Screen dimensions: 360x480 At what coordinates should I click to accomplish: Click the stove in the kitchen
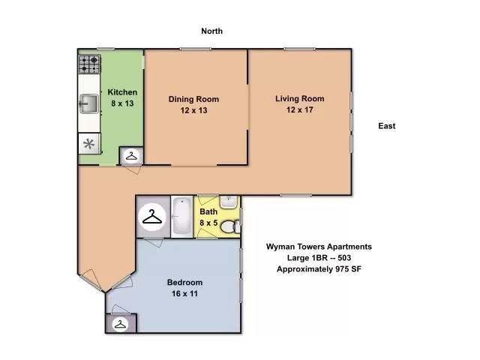[89, 64]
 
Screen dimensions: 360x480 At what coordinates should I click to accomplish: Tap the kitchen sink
[88, 103]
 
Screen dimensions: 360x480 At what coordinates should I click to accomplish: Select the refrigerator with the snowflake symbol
[88, 144]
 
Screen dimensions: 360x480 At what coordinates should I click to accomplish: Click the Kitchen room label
[122, 92]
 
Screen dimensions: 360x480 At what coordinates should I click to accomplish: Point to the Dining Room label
[193, 99]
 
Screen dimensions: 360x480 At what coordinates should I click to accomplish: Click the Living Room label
[299, 99]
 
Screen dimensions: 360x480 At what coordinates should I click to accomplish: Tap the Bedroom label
[184, 282]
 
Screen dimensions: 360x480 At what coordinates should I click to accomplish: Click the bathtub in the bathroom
[182, 217]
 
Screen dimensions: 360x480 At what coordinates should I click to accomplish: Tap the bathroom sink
[229, 202]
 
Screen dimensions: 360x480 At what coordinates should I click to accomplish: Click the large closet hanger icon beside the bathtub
[153, 217]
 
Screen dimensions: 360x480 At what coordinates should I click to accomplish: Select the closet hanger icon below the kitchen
[132, 156]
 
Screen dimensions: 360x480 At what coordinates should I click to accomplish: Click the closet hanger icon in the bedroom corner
[118, 324]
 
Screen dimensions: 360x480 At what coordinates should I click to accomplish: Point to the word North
[211, 31]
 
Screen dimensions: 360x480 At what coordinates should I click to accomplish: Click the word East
[386, 126]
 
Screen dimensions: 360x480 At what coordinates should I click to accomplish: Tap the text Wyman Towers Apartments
[319, 246]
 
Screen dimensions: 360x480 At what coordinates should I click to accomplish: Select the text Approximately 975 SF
[319, 268]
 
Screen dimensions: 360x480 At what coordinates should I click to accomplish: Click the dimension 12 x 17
[299, 110]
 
